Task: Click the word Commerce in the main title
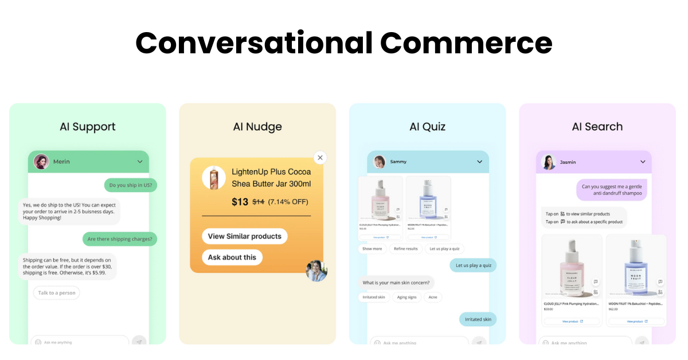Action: point(466,43)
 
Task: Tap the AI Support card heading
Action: point(88,127)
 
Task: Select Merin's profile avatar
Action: point(41,162)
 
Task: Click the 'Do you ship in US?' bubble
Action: point(131,185)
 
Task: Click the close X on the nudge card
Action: point(320,158)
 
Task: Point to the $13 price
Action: point(240,202)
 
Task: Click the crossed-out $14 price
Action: point(259,202)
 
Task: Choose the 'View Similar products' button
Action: point(244,236)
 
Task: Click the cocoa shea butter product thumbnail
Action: point(214,178)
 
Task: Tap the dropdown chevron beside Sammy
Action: point(480,162)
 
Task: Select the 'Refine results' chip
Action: point(406,249)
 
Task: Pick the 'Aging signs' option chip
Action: point(406,297)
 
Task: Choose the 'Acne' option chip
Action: point(433,297)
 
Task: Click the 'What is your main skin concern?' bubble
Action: point(396,283)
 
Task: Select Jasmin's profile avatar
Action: point(550,162)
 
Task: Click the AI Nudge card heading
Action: point(257,127)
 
